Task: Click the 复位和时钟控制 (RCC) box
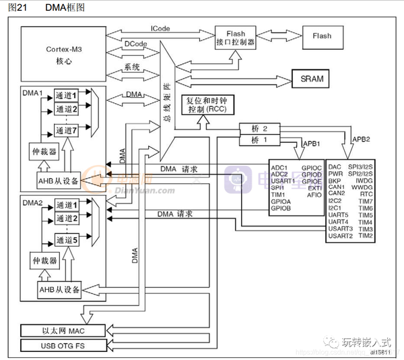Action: coord(207,104)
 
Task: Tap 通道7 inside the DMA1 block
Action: coord(67,128)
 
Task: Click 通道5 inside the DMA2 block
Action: coord(67,240)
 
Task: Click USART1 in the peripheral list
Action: coord(282,180)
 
